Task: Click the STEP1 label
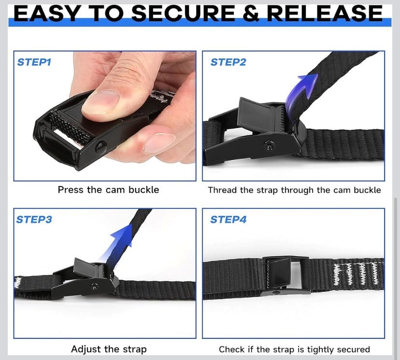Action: coord(34,62)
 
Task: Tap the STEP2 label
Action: coord(228,62)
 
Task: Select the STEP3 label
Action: coord(34,220)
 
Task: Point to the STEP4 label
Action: coord(228,220)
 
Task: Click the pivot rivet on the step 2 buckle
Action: coord(269,144)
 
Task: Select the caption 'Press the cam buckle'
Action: coord(108,190)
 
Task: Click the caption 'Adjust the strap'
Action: coord(108,349)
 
